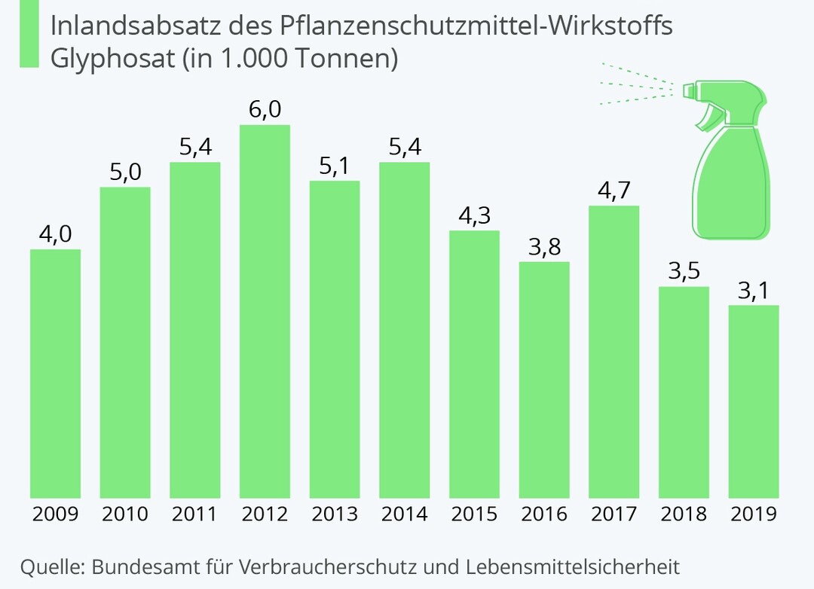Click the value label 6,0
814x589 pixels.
[x=265, y=110]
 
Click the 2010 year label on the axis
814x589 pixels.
[x=125, y=514]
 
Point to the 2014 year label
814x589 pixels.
[x=404, y=514]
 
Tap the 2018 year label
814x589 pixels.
[x=684, y=514]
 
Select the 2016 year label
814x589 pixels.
[x=544, y=514]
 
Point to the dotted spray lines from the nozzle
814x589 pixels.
[x=637, y=84]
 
